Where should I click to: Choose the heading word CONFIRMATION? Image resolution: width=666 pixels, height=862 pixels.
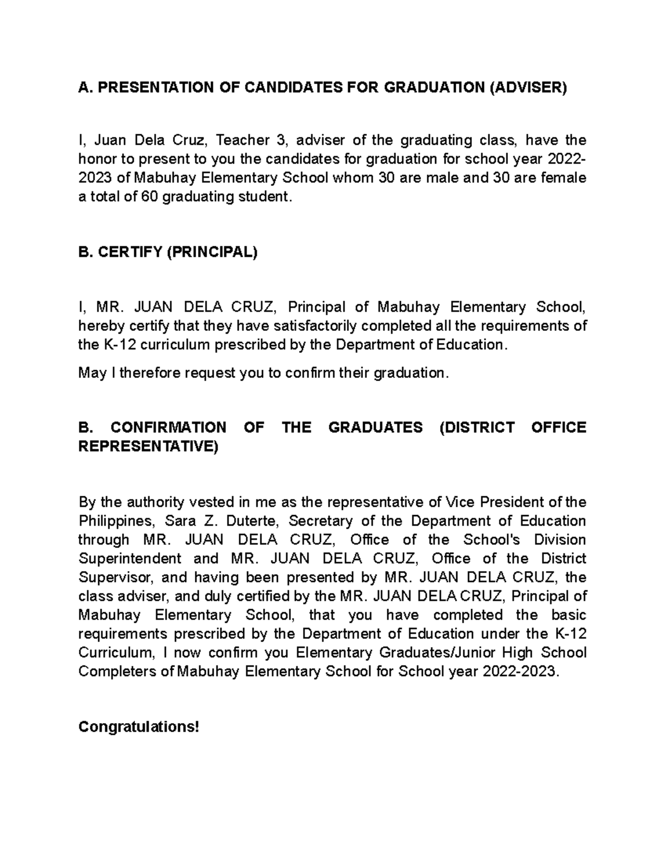[x=168, y=427]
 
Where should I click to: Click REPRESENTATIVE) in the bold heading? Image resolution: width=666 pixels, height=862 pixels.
[x=149, y=446]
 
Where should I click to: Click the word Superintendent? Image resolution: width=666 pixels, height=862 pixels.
[x=130, y=558]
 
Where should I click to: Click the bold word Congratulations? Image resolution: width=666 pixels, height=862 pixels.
[x=138, y=727]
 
